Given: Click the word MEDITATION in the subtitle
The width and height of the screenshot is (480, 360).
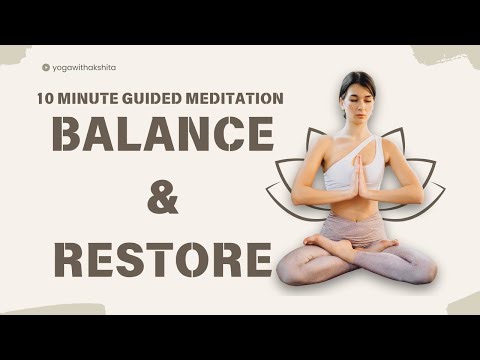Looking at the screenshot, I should (x=235, y=98).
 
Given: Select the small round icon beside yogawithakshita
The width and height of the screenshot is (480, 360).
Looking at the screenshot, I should (x=46, y=68).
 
